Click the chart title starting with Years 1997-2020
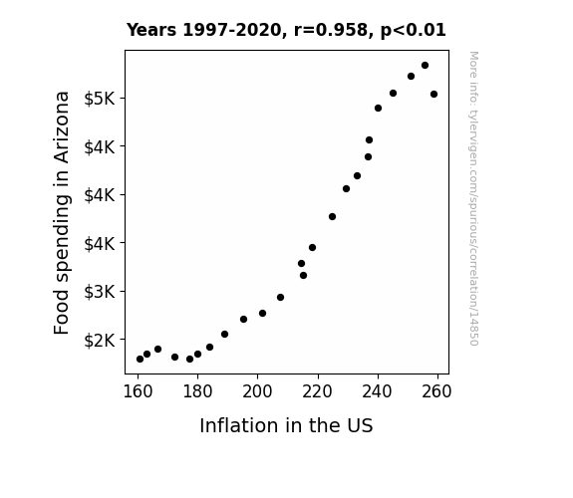(286, 30)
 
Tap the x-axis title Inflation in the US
(286, 425)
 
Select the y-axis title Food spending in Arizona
(62, 212)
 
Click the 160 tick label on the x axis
(138, 391)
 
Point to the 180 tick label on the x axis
(197, 391)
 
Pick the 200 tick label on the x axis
(257, 391)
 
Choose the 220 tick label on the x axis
(317, 391)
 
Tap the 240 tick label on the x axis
(377, 391)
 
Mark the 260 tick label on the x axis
(436, 391)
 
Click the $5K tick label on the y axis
(100, 99)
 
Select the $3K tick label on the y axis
(100, 292)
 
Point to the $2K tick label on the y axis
(100, 341)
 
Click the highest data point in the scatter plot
(425, 66)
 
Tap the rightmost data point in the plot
(433, 95)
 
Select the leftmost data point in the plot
(140, 360)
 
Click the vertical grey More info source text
(473, 198)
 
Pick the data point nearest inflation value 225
(332, 217)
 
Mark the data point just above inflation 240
(378, 109)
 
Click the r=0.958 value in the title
(331, 30)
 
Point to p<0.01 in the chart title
(413, 31)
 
